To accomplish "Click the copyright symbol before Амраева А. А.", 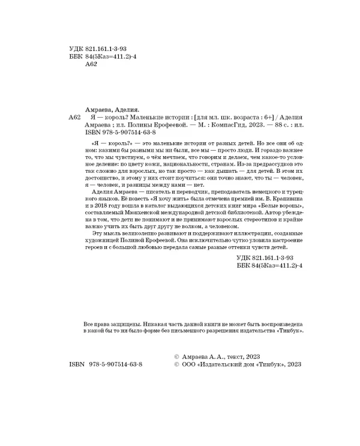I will pos(175,355).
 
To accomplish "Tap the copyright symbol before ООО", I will pos(175,364).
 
